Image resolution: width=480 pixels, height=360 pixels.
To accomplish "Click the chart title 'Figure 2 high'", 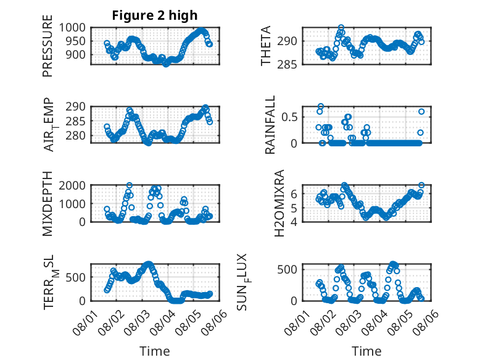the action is (155, 15).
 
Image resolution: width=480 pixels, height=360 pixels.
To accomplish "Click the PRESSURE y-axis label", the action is (48, 46).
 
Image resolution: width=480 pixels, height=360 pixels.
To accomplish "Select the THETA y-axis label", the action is (266, 46).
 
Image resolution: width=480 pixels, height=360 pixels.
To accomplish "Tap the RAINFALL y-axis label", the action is (270, 125).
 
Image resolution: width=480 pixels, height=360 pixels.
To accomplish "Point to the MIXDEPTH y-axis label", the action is (48, 204).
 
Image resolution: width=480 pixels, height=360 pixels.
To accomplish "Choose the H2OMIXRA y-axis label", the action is (279, 203).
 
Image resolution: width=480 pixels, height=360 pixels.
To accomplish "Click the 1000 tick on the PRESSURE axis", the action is (72, 28).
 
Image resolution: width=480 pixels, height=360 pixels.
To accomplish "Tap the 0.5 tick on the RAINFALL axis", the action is (289, 117).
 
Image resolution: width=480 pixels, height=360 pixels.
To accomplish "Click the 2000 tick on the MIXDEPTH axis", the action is (72, 185).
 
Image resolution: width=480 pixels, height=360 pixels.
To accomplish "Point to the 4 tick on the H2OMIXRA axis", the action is (294, 222).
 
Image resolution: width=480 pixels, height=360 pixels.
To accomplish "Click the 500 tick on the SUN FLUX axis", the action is (287, 269).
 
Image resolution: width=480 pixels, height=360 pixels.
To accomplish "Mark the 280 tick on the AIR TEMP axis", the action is (75, 135).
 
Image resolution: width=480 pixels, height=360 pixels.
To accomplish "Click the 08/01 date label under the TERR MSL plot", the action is (85, 322).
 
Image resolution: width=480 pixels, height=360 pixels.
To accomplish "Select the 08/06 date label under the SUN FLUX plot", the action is (425, 322).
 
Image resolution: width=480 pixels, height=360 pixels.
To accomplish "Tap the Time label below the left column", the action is (155, 351).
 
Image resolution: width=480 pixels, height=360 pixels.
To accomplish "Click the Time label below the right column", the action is (366, 351).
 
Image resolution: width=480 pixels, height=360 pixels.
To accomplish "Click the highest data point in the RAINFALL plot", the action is (320, 106).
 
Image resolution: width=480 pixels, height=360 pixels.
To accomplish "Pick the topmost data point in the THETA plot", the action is (341, 28).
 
